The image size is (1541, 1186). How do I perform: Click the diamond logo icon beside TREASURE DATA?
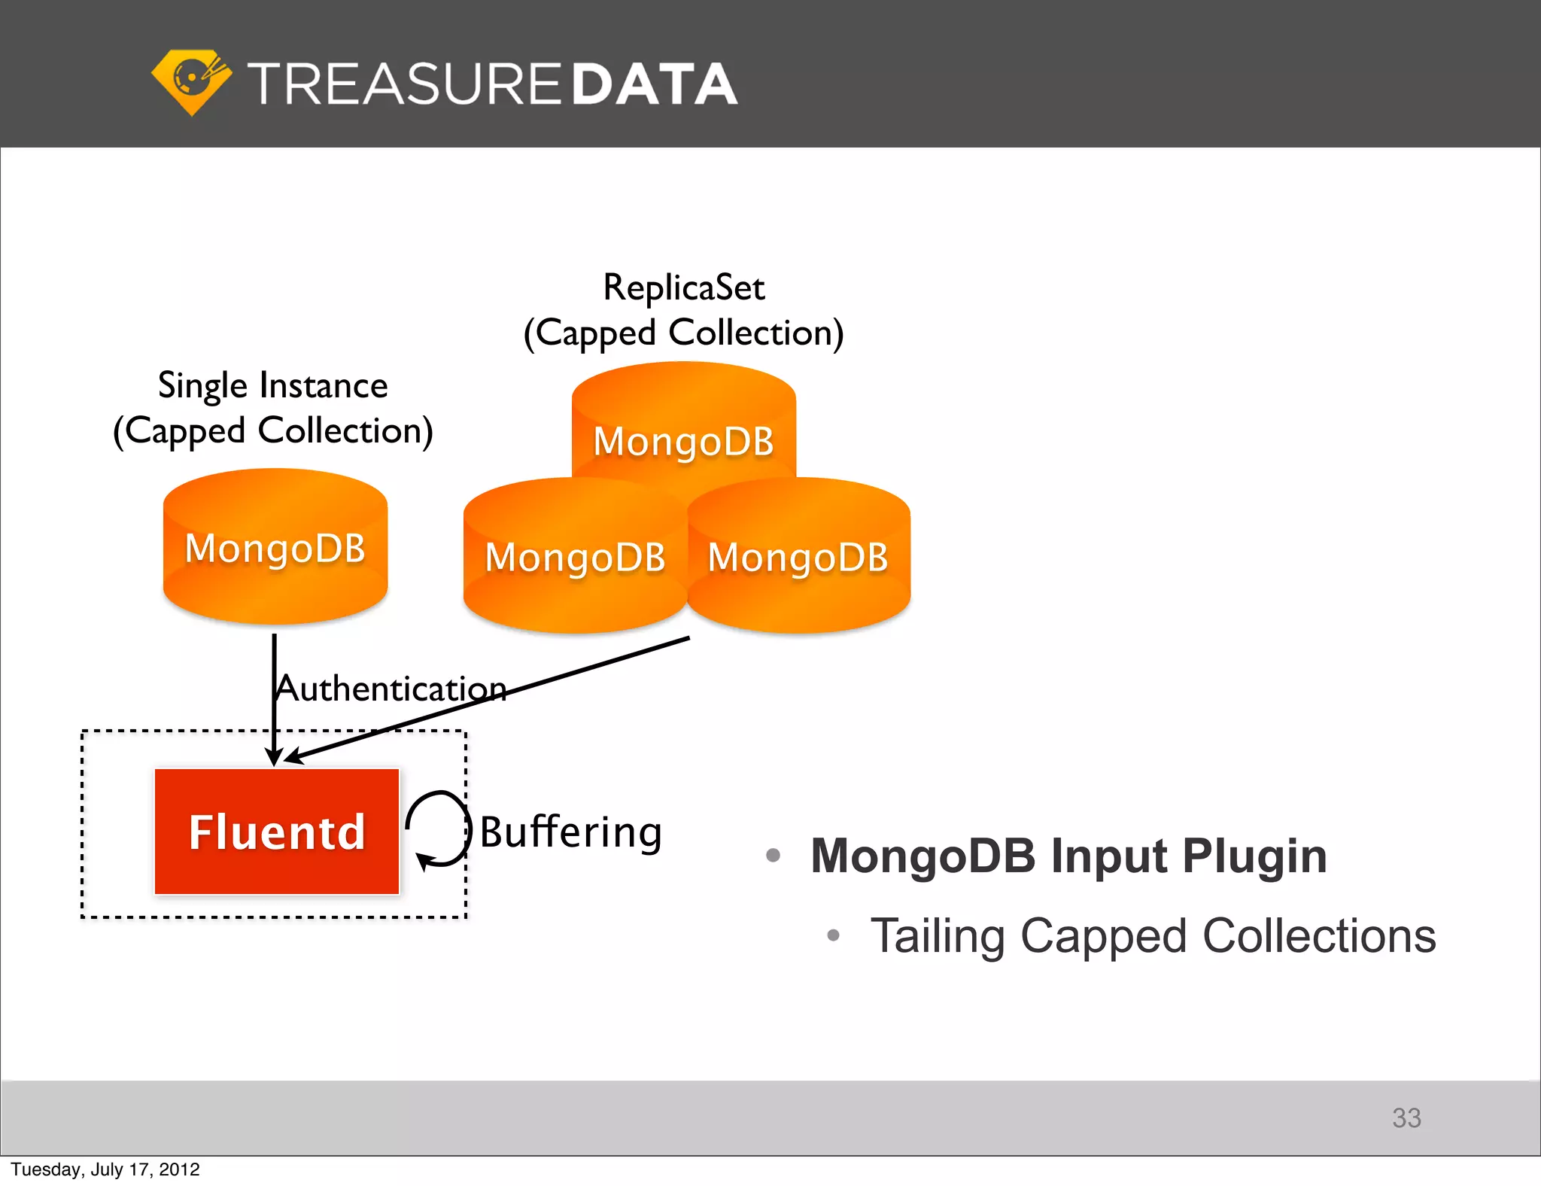[191, 81]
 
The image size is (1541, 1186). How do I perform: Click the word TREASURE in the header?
[404, 84]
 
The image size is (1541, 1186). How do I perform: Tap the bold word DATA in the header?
[654, 84]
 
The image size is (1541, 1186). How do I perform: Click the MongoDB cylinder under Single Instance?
[275, 548]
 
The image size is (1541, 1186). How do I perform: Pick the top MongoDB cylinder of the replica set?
[683, 429]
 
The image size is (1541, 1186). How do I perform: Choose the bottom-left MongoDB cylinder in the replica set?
[575, 558]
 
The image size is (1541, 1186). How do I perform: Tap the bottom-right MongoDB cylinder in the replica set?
[798, 558]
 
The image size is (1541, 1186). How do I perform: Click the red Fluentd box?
[277, 832]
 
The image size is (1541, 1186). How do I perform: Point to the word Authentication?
[391, 689]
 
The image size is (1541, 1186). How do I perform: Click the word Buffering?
[571, 832]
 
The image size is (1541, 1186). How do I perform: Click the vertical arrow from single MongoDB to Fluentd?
[274, 707]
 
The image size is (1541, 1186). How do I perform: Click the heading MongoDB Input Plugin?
[1068, 856]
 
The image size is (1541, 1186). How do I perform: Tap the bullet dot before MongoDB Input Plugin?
[773, 855]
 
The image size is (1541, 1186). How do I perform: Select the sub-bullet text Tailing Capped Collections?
[1153, 936]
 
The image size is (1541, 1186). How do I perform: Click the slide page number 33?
[1406, 1118]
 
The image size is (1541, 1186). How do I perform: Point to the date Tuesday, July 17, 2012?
[105, 1169]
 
